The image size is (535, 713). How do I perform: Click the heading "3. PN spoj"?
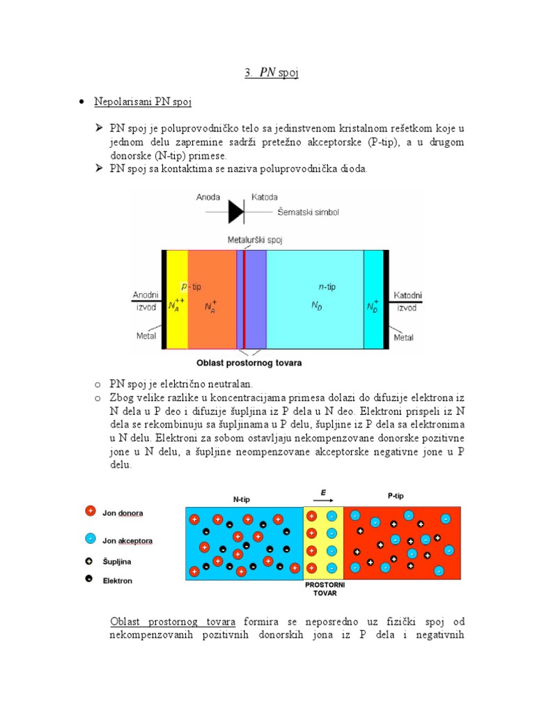271,73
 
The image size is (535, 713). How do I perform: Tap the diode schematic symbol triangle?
236,210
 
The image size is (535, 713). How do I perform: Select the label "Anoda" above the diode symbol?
208,197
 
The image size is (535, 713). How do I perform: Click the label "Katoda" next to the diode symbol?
265,197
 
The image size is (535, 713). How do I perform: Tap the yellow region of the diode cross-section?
178,299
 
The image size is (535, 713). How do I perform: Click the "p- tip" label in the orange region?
191,286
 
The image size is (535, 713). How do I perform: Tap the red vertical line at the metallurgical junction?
245,299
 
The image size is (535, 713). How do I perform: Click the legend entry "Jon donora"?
123,513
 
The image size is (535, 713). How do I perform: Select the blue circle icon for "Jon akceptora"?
90,539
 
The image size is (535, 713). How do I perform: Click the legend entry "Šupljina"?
117,561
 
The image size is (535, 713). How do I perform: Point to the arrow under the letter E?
325,501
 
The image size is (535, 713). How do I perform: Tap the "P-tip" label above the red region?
395,496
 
